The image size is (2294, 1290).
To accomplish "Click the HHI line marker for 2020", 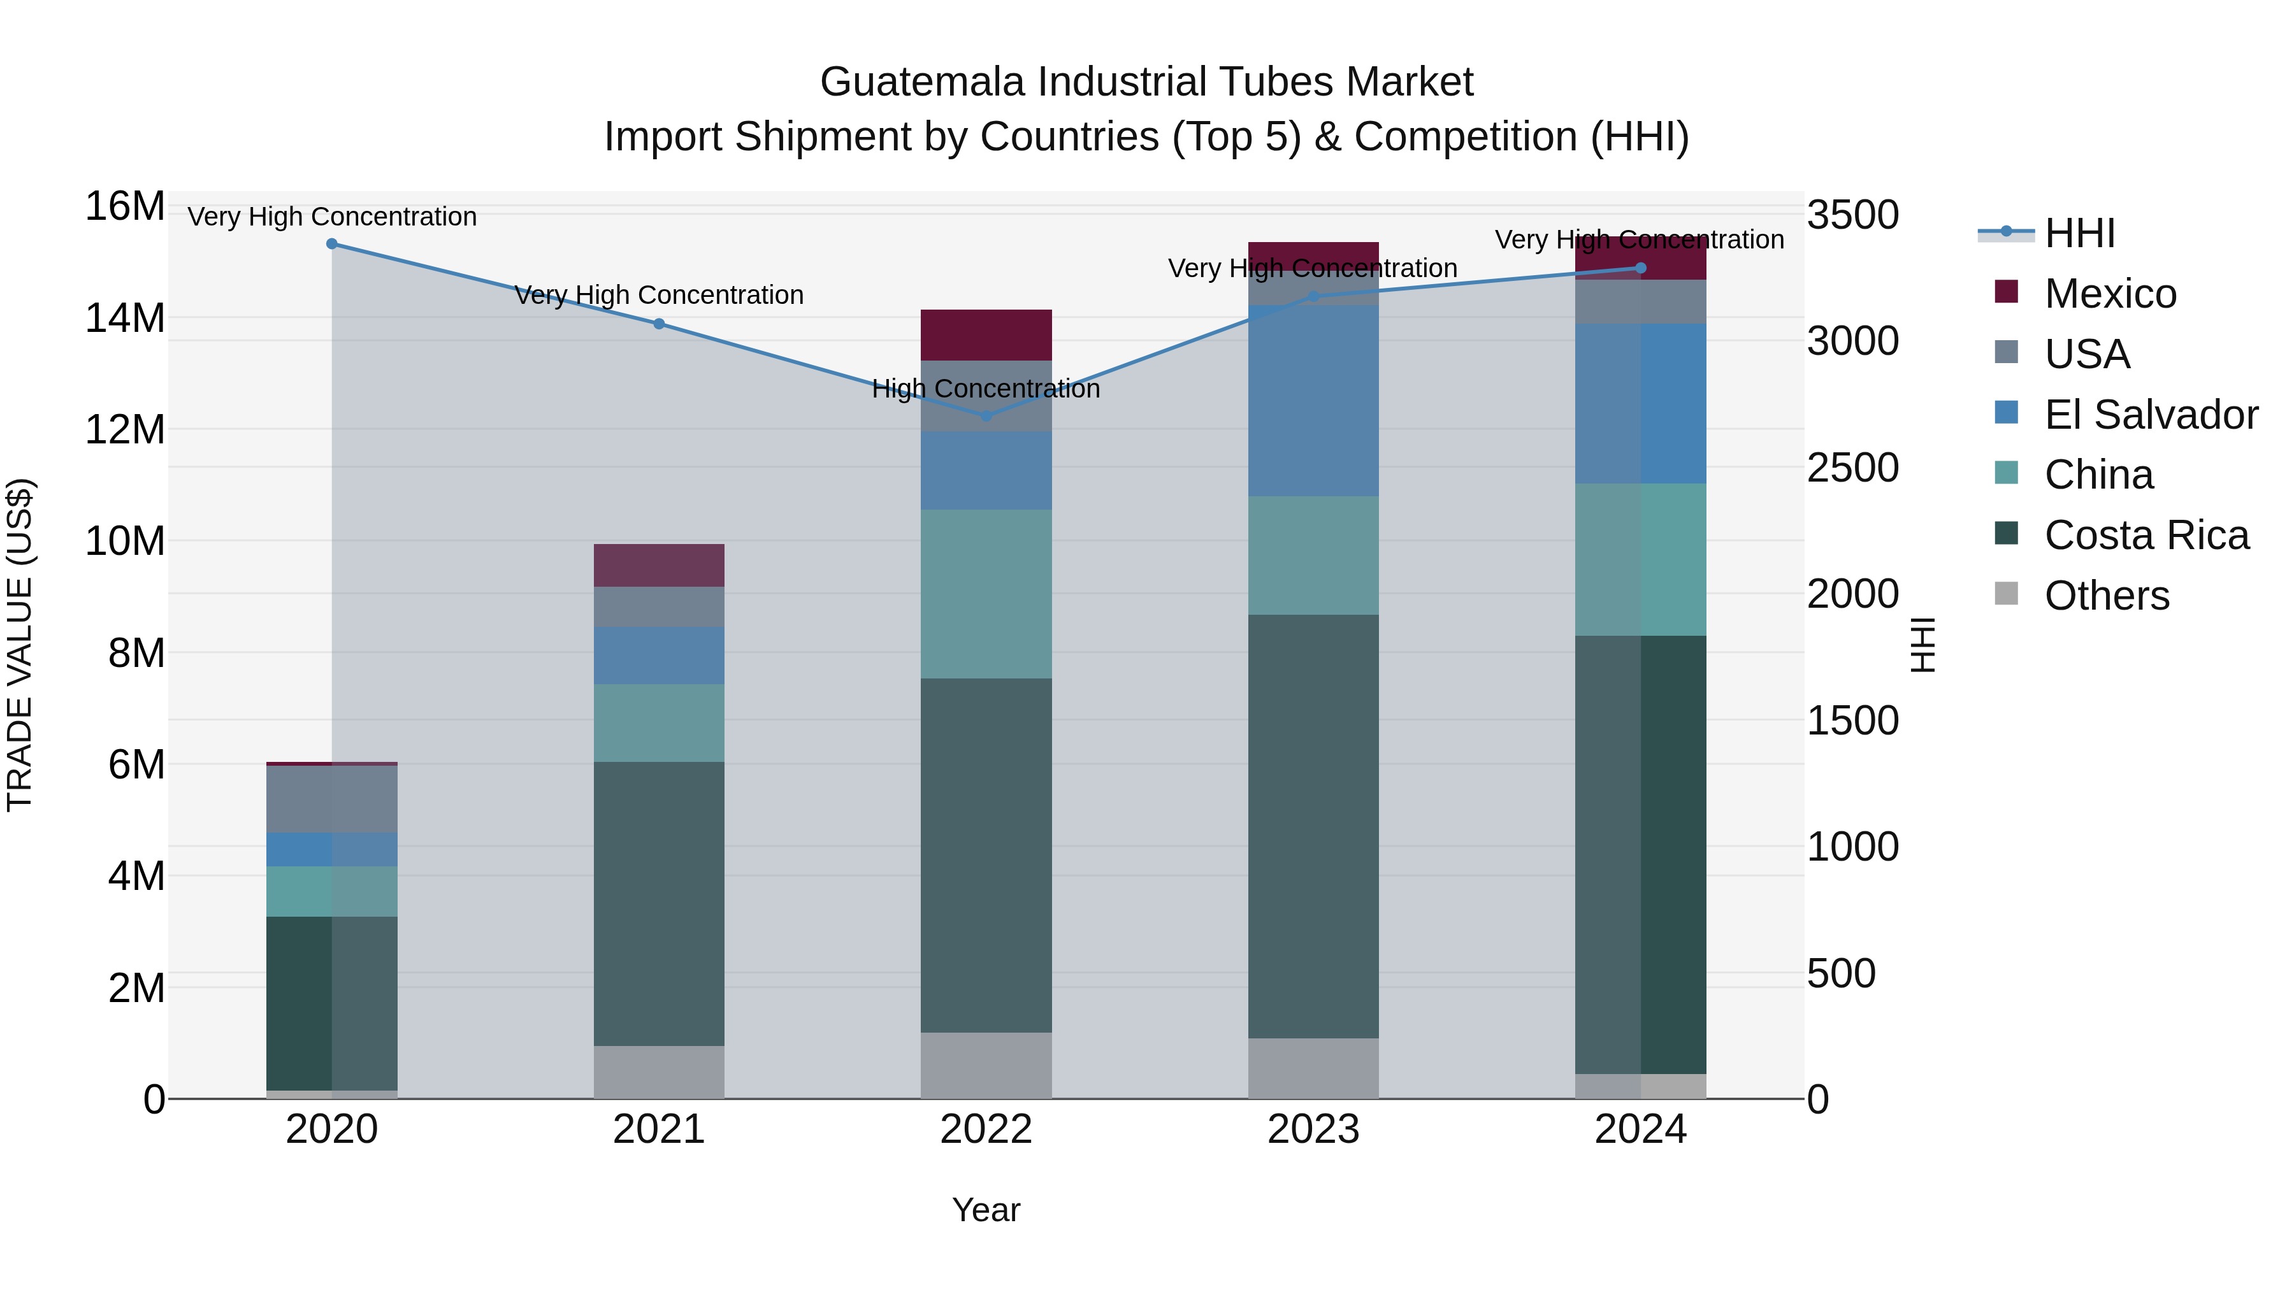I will [332, 244].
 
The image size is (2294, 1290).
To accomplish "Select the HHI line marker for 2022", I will [986, 416].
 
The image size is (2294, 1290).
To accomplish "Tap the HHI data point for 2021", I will [659, 324].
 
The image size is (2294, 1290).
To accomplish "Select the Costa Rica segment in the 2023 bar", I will [1313, 826].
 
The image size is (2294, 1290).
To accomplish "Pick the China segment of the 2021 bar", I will [659, 723].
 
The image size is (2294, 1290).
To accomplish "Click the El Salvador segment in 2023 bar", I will [1313, 401].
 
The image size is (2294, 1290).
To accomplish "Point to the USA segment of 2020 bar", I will [332, 799].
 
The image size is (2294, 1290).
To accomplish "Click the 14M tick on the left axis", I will [125, 318].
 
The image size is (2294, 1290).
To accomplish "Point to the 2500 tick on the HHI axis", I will [1852, 468].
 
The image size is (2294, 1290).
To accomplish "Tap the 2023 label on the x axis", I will [1313, 1129].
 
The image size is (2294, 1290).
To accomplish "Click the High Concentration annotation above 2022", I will [986, 389].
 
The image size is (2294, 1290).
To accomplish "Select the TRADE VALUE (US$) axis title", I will [20, 645].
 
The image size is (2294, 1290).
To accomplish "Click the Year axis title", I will [986, 1210].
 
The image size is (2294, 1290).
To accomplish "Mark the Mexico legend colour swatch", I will [2007, 292].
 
